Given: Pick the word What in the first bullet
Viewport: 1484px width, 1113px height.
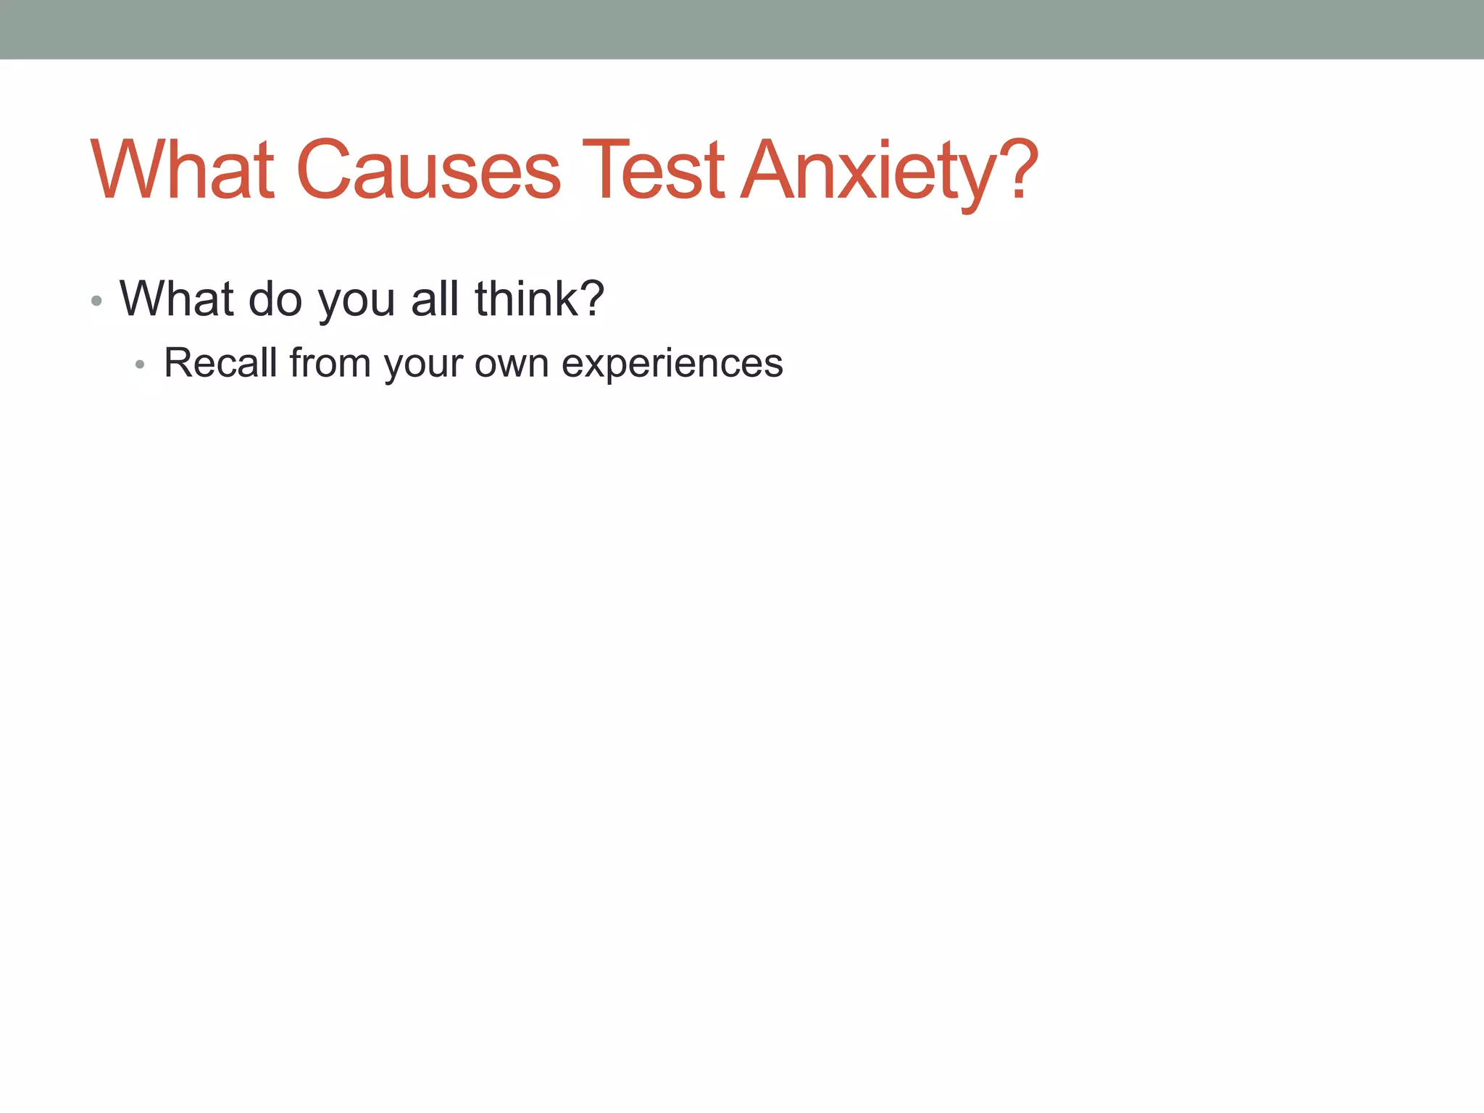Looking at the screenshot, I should pyautogui.click(x=177, y=299).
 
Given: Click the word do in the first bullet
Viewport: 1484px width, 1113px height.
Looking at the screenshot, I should pyautogui.click(x=275, y=299).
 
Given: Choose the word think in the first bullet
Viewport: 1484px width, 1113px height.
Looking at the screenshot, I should pyautogui.click(x=525, y=299).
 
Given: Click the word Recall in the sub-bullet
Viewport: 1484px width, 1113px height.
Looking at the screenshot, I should pyautogui.click(x=220, y=362).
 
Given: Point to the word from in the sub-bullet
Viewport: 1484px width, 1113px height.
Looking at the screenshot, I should pyautogui.click(x=330, y=362).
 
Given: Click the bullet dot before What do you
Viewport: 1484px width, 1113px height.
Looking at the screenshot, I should pyautogui.click(x=96, y=300).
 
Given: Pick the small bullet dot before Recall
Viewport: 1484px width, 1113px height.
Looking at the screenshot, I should pyautogui.click(x=140, y=364).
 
